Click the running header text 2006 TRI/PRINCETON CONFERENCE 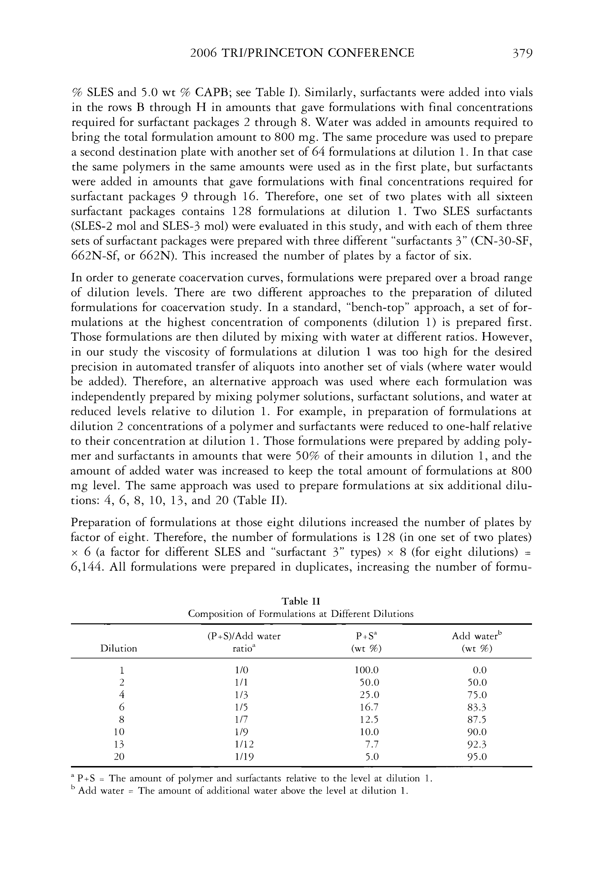302,53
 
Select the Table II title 301,601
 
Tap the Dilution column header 118,649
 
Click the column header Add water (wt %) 477,642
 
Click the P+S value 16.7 369,707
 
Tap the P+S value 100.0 366,670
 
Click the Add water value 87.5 477,719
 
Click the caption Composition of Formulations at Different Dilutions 301,614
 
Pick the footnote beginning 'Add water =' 242,791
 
